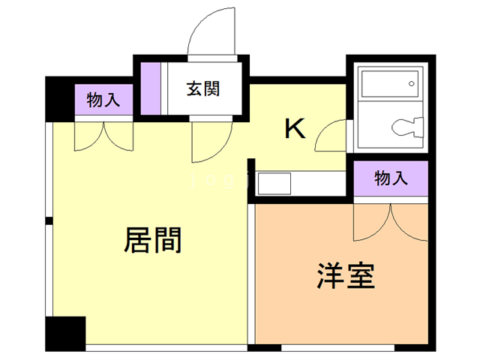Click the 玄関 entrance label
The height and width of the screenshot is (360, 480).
click(x=202, y=88)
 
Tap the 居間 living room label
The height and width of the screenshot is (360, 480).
click(x=152, y=241)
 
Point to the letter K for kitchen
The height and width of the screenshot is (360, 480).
click(x=295, y=130)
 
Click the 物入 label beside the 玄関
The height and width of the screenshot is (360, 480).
click(x=103, y=100)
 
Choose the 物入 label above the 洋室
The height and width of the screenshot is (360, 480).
click(x=391, y=178)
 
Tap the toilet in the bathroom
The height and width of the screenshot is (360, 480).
click(x=404, y=129)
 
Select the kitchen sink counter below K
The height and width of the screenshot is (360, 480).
click(x=274, y=183)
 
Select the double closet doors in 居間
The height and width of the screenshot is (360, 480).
click(x=103, y=136)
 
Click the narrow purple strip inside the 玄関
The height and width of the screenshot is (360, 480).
click(x=151, y=88)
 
